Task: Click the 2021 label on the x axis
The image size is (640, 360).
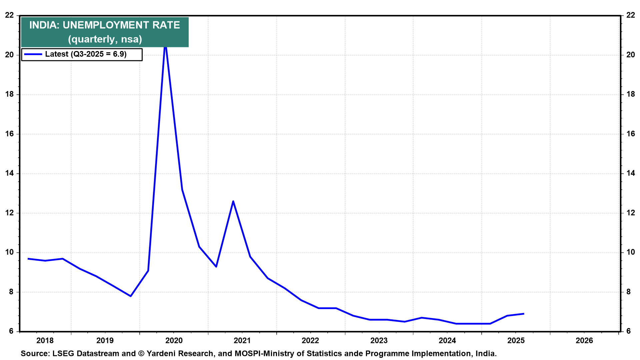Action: click(x=242, y=340)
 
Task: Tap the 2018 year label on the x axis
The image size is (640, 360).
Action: click(x=45, y=340)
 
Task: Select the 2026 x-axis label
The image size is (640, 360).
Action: click(x=584, y=340)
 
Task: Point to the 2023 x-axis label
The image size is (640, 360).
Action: click(x=379, y=340)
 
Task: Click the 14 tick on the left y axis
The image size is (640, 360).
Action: click(x=9, y=173)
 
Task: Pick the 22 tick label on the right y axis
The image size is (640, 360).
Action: click(x=630, y=15)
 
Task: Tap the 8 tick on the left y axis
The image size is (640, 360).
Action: click(x=11, y=292)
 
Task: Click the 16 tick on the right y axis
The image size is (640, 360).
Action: click(x=630, y=134)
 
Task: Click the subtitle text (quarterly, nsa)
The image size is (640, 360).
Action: click(x=105, y=39)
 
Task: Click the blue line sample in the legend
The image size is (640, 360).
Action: click(x=33, y=54)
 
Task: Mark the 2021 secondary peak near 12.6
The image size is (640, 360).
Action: click(x=233, y=201)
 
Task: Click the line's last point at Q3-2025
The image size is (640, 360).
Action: click(x=524, y=314)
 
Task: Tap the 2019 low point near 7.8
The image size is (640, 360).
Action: click(x=131, y=296)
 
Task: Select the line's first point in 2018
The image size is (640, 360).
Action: click(x=28, y=259)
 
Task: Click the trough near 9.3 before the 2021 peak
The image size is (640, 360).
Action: click(x=216, y=267)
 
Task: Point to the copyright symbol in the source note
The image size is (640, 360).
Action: click(x=141, y=353)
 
